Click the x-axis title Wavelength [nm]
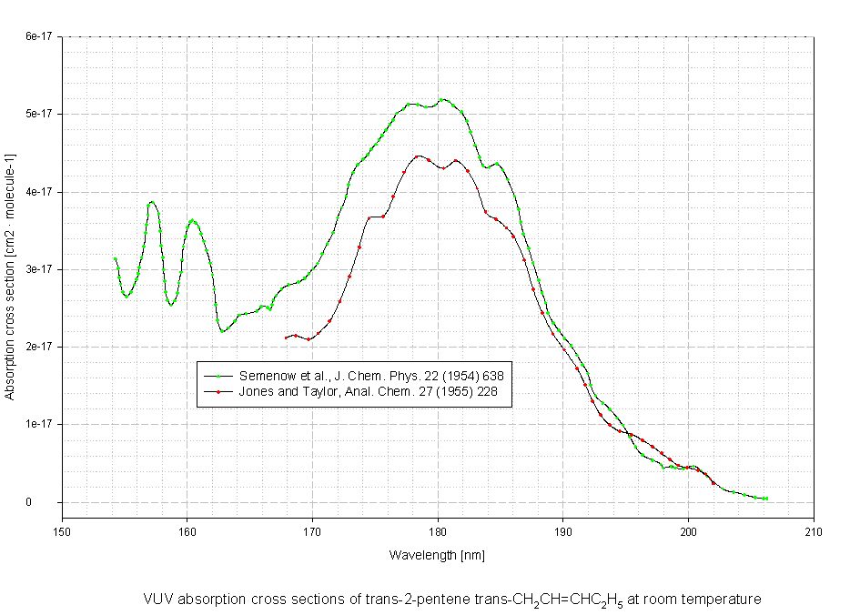click(437, 554)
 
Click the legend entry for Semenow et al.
click(371, 375)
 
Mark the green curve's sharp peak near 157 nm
click(152, 202)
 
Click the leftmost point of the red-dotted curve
click(287, 338)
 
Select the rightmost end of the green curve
click(766, 499)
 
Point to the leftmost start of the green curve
click(116, 258)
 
